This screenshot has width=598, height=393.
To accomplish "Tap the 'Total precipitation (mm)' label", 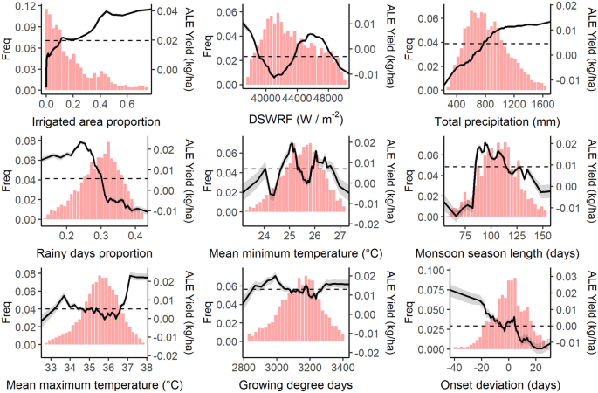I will click(x=491, y=121).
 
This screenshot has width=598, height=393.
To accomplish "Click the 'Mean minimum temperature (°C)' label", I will click(x=292, y=253).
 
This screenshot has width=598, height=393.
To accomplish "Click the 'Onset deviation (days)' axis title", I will click(x=491, y=384).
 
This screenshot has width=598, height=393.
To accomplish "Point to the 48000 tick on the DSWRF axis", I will click(x=333, y=100).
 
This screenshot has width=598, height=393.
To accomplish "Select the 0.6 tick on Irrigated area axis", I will click(x=131, y=100).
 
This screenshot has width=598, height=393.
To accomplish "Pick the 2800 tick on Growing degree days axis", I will click(x=245, y=368).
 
